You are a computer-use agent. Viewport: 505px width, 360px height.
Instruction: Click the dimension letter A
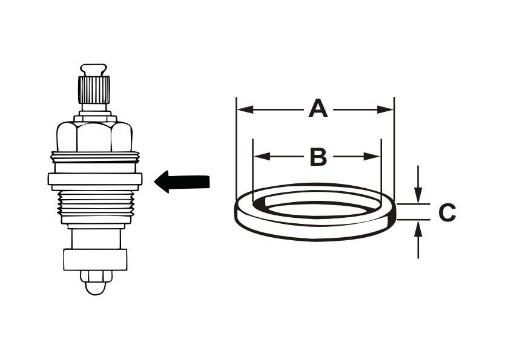pyautogui.click(x=318, y=110)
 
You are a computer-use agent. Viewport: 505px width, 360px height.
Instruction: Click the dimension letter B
pyautogui.click(x=318, y=157)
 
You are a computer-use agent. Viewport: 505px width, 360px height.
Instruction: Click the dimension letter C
pyautogui.click(x=447, y=212)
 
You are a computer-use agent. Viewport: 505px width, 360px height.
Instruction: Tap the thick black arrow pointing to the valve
pyautogui.click(x=182, y=181)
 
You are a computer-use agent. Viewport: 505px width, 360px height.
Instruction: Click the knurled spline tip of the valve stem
pyautogui.click(x=94, y=89)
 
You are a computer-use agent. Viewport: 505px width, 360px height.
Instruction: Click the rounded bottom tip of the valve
pyautogui.click(x=95, y=284)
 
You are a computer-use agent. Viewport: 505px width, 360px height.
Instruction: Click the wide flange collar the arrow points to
pyautogui.click(x=95, y=179)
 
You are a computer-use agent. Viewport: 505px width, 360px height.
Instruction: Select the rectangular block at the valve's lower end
pyautogui.click(x=95, y=259)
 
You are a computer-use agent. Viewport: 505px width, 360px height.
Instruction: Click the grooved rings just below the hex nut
pyautogui.click(x=94, y=159)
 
